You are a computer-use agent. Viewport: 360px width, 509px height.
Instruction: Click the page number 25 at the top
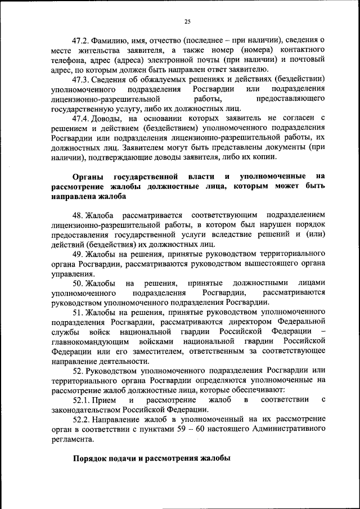click(x=188, y=21)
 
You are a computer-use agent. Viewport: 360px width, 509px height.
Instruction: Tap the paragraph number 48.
click(x=78, y=215)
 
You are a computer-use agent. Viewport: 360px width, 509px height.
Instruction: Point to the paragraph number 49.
click(x=78, y=254)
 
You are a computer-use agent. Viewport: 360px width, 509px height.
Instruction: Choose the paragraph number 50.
click(x=78, y=283)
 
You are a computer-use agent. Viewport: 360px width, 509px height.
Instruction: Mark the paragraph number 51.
click(x=78, y=312)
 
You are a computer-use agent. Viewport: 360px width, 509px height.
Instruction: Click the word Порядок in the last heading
click(x=92, y=458)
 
